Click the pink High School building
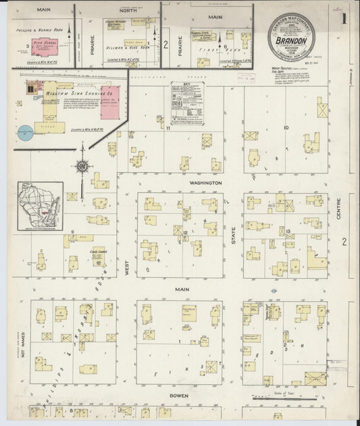click(49, 49)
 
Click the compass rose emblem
click(82, 166)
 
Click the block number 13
click(288, 231)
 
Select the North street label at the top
click(128, 12)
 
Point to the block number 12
click(184, 232)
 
